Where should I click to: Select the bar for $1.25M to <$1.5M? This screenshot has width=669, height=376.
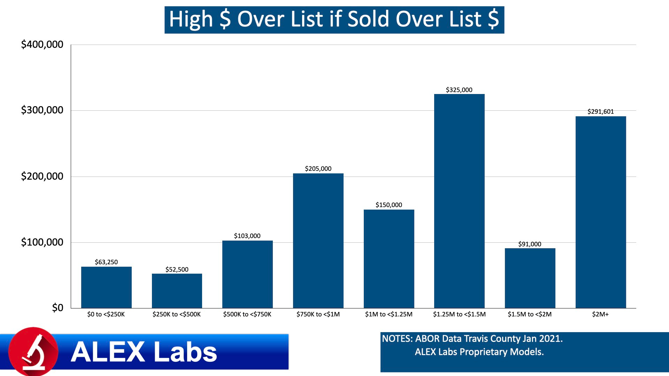459,201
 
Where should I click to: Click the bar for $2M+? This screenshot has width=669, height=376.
601,212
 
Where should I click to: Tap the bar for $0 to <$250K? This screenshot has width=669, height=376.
106,287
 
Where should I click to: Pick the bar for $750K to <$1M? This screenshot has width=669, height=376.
318,241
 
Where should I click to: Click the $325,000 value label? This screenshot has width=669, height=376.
459,90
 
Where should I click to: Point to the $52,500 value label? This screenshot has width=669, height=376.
177,269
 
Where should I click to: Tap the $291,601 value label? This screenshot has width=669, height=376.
600,111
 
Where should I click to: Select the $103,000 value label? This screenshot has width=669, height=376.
247,236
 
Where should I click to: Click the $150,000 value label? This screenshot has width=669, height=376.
389,205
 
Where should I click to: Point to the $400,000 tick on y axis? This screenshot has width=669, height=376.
42,45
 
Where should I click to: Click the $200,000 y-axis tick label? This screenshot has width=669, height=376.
42,176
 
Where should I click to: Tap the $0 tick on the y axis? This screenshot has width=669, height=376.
57,308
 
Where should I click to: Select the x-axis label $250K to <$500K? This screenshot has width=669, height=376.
177,314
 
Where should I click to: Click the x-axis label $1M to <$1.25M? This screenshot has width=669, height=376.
389,314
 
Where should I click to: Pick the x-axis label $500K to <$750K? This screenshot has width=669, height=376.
247,314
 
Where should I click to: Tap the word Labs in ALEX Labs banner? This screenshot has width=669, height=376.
185,352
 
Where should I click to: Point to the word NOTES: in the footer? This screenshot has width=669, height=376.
397,338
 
